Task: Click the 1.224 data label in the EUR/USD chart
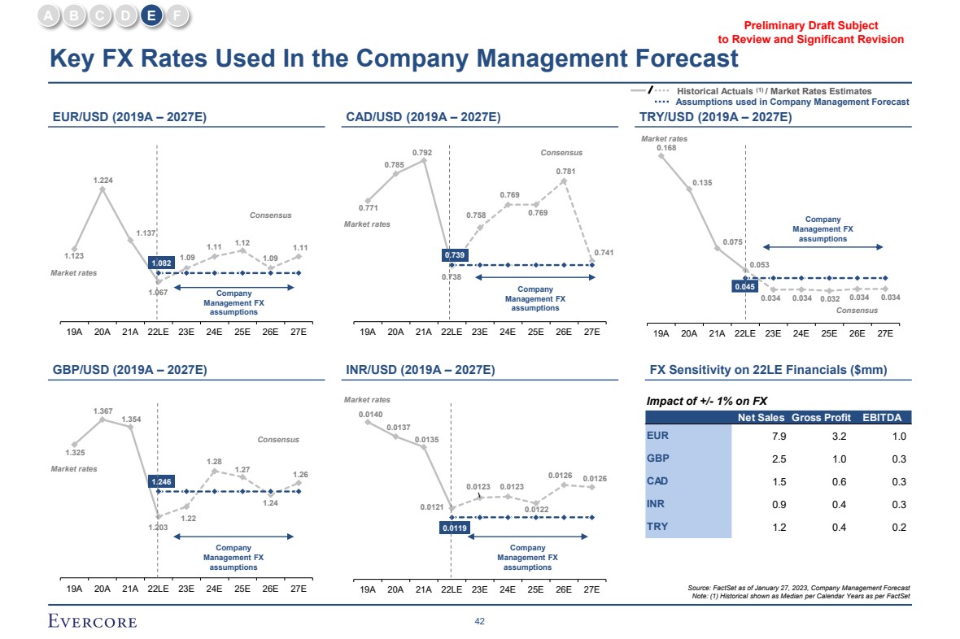tap(103, 179)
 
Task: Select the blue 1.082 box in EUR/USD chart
tap(160, 263)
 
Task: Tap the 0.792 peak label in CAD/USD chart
tap(421, 152)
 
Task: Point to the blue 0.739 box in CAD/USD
tap(453, 255)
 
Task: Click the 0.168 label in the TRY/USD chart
tap(666, 148)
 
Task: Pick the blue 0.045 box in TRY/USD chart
tap(744, 286)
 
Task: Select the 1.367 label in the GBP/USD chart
tap(103, 411)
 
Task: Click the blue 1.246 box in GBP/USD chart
tap(162, 482)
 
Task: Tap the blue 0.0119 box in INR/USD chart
tap(454, 528)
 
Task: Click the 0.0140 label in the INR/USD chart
tap(370, 415)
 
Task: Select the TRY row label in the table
tap(657, 527)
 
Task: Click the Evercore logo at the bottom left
tap(91, 622)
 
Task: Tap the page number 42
tap(480, 622)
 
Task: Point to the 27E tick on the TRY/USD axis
tap(884, 333)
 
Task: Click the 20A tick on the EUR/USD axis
tap(103, 332)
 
